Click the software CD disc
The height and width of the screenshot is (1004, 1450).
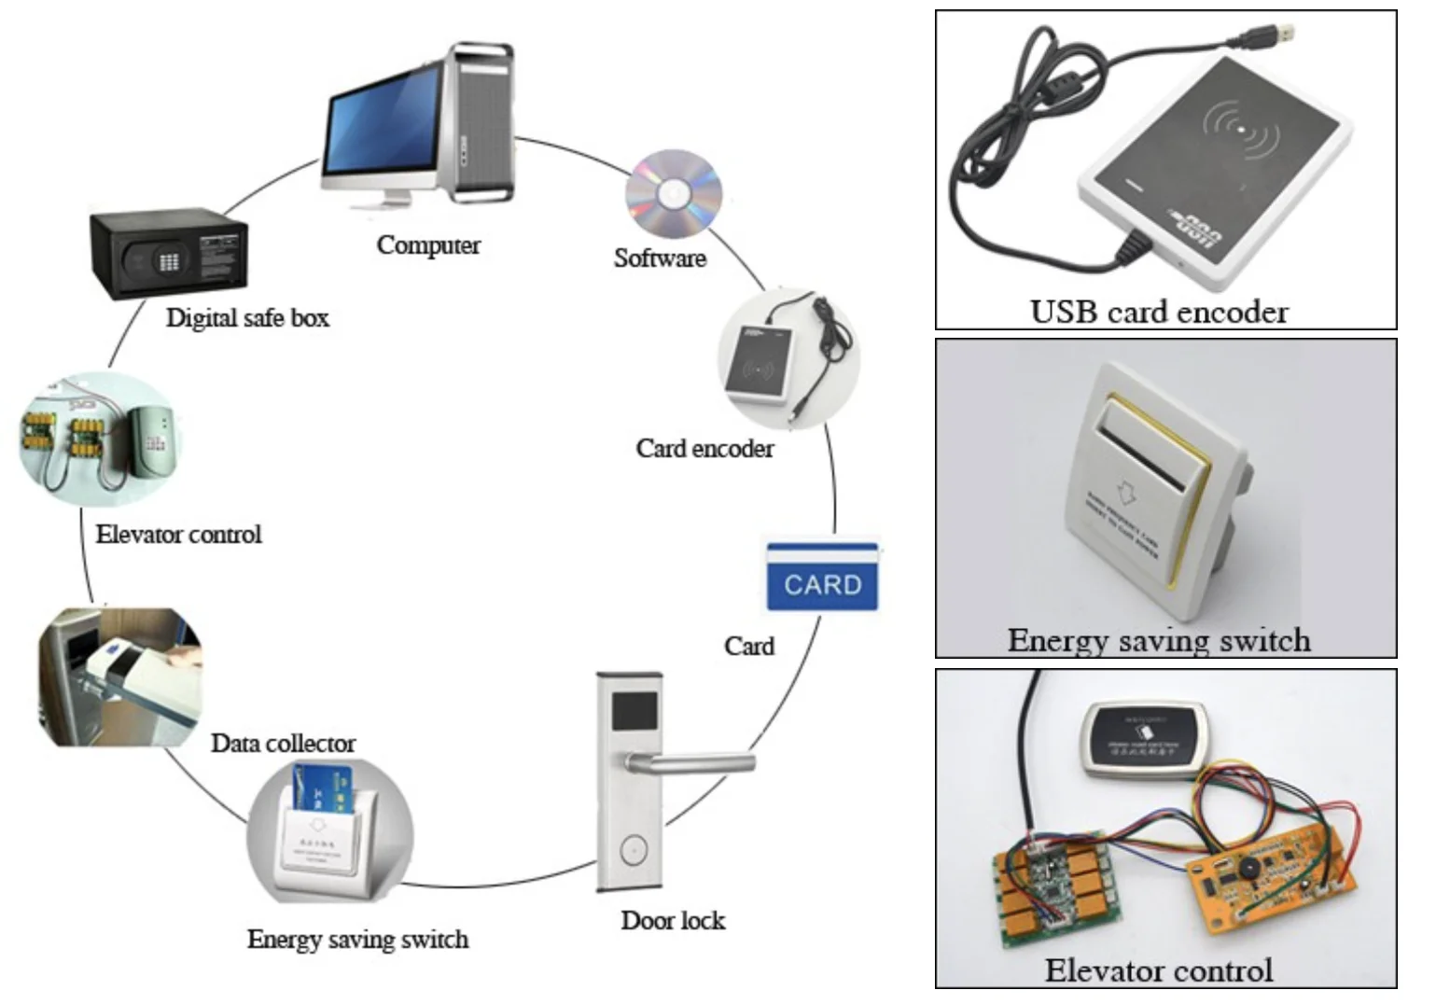point(673,194)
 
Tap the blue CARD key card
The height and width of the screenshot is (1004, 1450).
point(822,579)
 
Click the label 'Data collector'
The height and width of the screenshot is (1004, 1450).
point(283,744)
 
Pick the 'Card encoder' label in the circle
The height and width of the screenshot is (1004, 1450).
point(704,449)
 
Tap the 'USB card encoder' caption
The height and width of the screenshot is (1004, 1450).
point(1159,311)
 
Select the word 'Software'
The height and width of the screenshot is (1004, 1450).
point(660,258)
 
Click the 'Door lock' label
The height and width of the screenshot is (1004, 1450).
point(673,921)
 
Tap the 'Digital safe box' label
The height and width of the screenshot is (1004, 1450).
point(247,318)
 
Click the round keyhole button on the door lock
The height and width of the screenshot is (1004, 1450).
point(632,850)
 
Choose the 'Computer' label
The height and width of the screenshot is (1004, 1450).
point(428,245)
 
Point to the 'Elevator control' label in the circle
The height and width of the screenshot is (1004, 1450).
point(178,535)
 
